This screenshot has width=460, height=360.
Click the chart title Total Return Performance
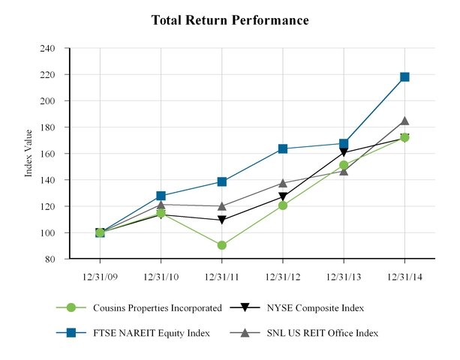click(230, 20)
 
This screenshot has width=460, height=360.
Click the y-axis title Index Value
click(29, 153)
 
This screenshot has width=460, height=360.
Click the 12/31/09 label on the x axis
click(100, 275)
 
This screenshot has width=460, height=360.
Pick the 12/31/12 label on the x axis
click(282, 275)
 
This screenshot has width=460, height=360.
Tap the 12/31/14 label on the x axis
click(404, 275)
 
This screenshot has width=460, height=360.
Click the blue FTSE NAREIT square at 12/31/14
click(404, 76)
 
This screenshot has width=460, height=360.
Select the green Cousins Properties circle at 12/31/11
click(222, 245)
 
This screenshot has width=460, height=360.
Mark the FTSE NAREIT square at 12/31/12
click(283, 148)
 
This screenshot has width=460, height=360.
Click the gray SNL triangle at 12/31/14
click(404, 121)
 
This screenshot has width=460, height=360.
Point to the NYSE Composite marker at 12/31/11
click(222, 220)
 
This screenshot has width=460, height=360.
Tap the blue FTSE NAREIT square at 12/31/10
click(161, 196)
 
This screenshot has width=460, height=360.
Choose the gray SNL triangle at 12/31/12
click(283, 183)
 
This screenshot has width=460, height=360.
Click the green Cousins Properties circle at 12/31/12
click(283, 205)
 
